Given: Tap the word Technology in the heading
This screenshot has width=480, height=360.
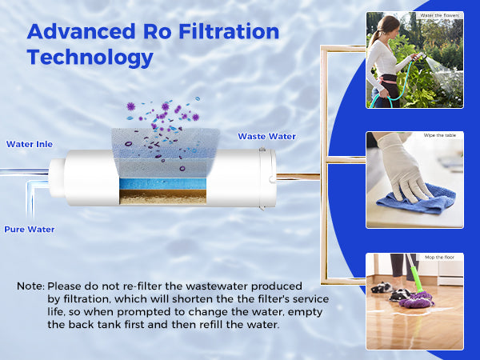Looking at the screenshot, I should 90,58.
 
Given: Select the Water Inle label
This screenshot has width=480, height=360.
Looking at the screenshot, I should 30,145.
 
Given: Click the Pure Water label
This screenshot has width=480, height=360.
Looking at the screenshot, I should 30,230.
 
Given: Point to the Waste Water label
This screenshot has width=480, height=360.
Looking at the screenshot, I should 266,137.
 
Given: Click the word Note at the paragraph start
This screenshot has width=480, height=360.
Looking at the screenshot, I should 30,286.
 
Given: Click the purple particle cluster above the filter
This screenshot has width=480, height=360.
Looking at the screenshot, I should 160,112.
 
